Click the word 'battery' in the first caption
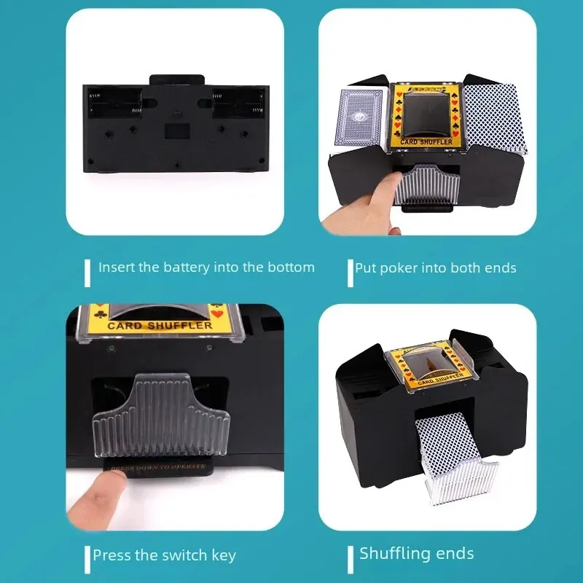click(184, 267)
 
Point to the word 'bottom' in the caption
click(292, 267)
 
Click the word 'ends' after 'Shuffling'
click(453, 554)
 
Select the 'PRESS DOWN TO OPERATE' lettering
click(157, 464)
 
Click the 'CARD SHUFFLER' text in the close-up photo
click(160, 326)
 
